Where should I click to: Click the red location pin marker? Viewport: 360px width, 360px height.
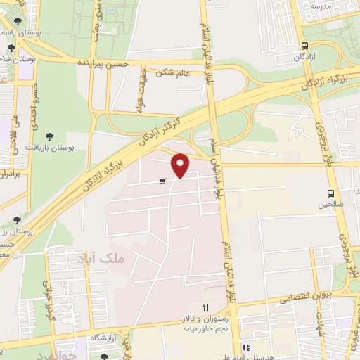point(181,165)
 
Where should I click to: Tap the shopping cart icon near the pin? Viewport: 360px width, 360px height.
point(162,181)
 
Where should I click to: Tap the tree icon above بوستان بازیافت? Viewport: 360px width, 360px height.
point(49,136)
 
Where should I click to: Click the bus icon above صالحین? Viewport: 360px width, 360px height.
point(330,193)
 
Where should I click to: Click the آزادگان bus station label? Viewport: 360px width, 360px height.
point(303,55)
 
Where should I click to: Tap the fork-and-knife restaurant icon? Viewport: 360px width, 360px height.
point(207,307)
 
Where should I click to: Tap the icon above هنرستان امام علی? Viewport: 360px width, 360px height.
point(246,347)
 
